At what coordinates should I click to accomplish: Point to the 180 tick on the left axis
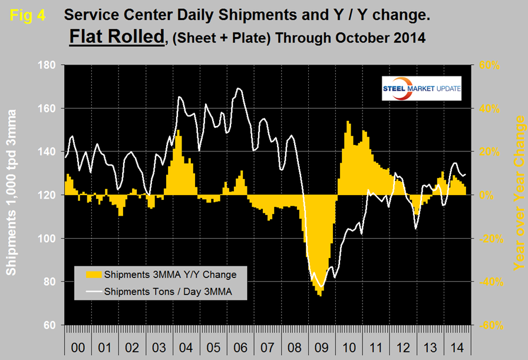tap(48, 65)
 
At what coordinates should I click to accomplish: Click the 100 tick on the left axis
tap(48, 239)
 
